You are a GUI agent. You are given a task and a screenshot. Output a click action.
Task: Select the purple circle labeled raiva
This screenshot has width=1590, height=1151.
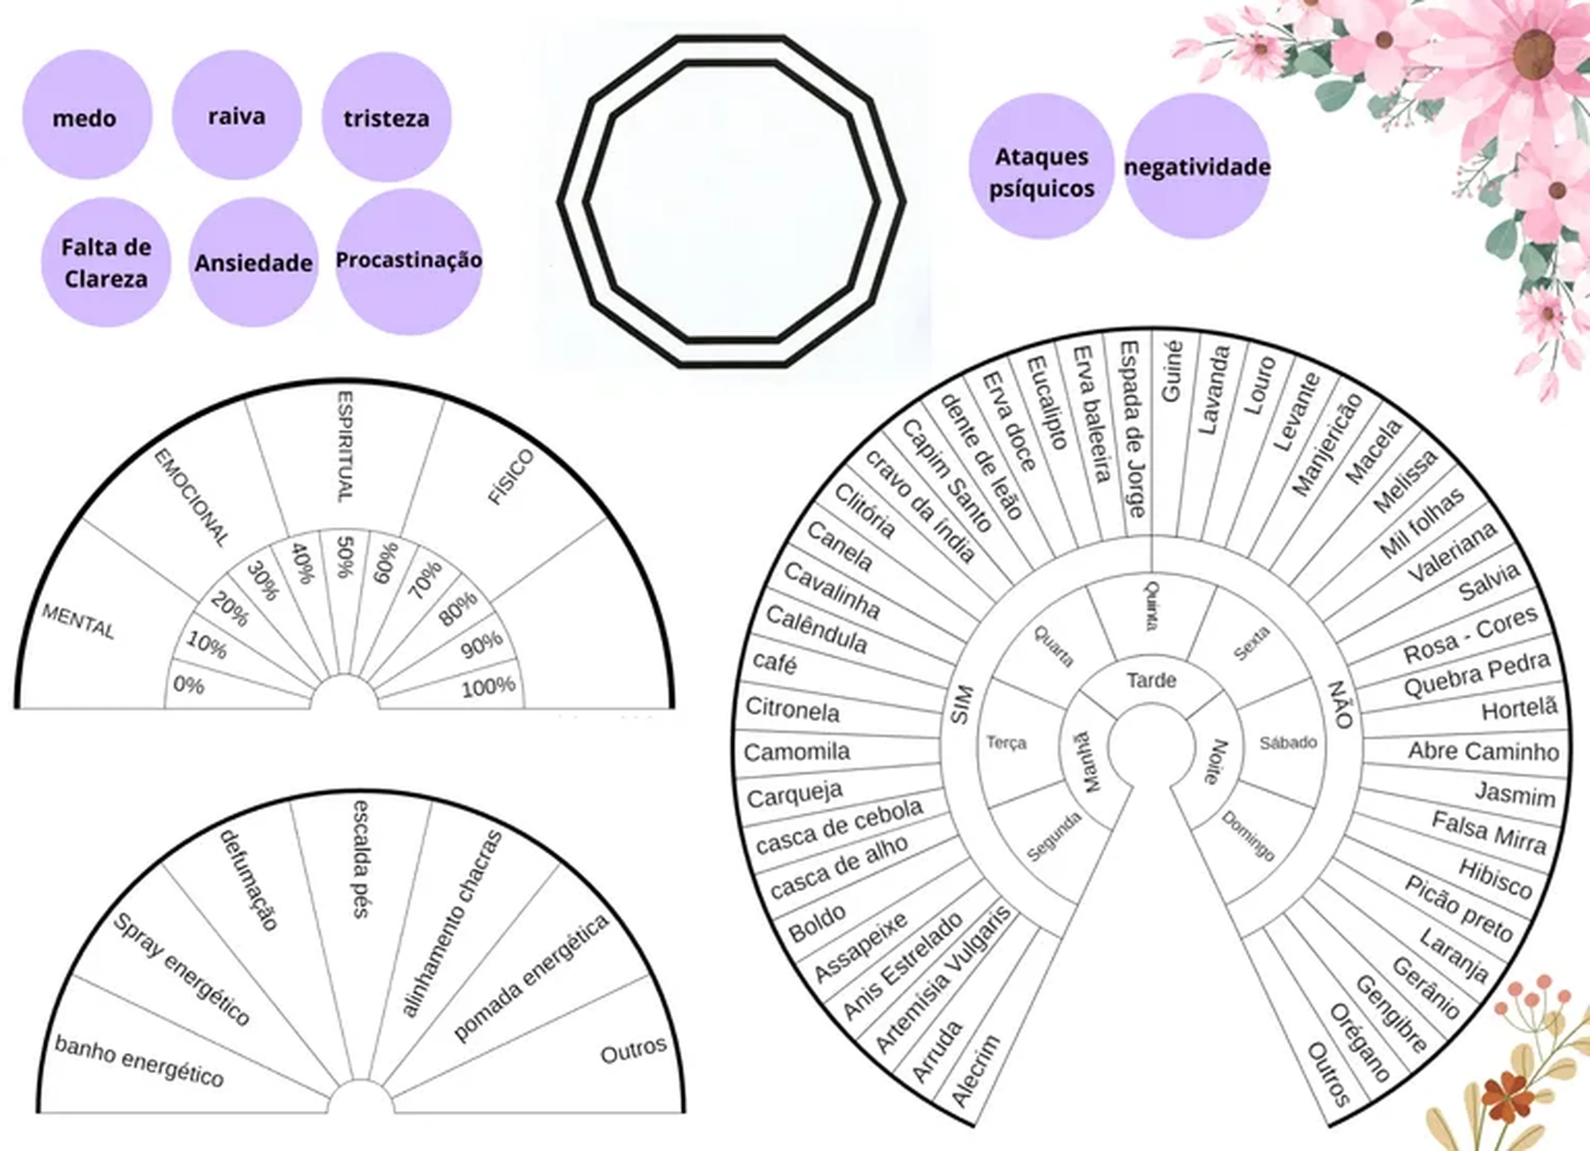[x=237, y=115]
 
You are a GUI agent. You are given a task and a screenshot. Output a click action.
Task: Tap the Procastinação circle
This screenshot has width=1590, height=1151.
[x=409, y=261]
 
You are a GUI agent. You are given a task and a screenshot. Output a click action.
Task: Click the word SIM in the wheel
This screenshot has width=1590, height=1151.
[x=961, y=705]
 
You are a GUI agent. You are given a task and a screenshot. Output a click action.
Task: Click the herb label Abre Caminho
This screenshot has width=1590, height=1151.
[x=1484, y=751]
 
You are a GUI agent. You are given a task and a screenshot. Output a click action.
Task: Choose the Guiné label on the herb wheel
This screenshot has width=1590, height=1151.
[x=1171, y=371]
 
